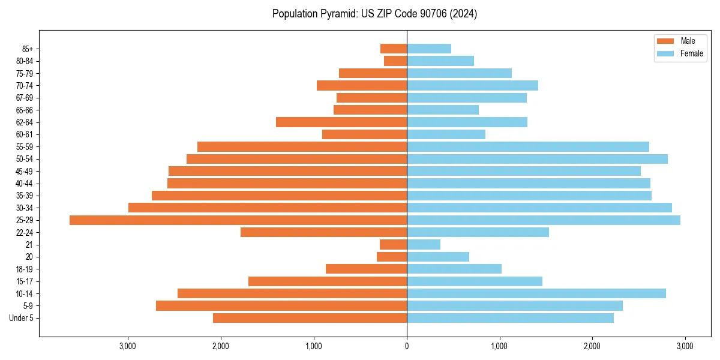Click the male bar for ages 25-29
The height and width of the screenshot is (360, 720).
click(x=238, y=220)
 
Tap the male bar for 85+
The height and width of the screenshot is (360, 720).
click(x=394, y=49)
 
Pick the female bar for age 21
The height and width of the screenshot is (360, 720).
click(x=424, y=245)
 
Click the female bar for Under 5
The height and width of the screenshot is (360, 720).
click(x=510, y=318)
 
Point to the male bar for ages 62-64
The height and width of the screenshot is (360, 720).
click(x=341, y=122)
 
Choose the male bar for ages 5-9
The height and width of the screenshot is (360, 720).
click(x=281, y=306)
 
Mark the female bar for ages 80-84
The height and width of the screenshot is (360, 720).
click(x=440, y=61)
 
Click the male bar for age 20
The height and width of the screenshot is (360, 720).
click(x=392, y=257)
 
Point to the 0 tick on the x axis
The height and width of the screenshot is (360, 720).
click(x=407, y=346)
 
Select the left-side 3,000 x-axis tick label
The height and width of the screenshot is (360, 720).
click(x=128, y=346)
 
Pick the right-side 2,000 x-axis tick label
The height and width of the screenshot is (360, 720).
click(x=592, y=346)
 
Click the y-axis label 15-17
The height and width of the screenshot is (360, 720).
click(x=25, y=281)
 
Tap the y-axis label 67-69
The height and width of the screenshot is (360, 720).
click(x=25, y=98)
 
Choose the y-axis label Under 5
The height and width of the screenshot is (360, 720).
click(x=22, y=318)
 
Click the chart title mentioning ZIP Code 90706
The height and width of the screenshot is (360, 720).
click(x=374, y=14)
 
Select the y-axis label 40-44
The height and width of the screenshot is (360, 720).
click(x=25, y=184)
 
